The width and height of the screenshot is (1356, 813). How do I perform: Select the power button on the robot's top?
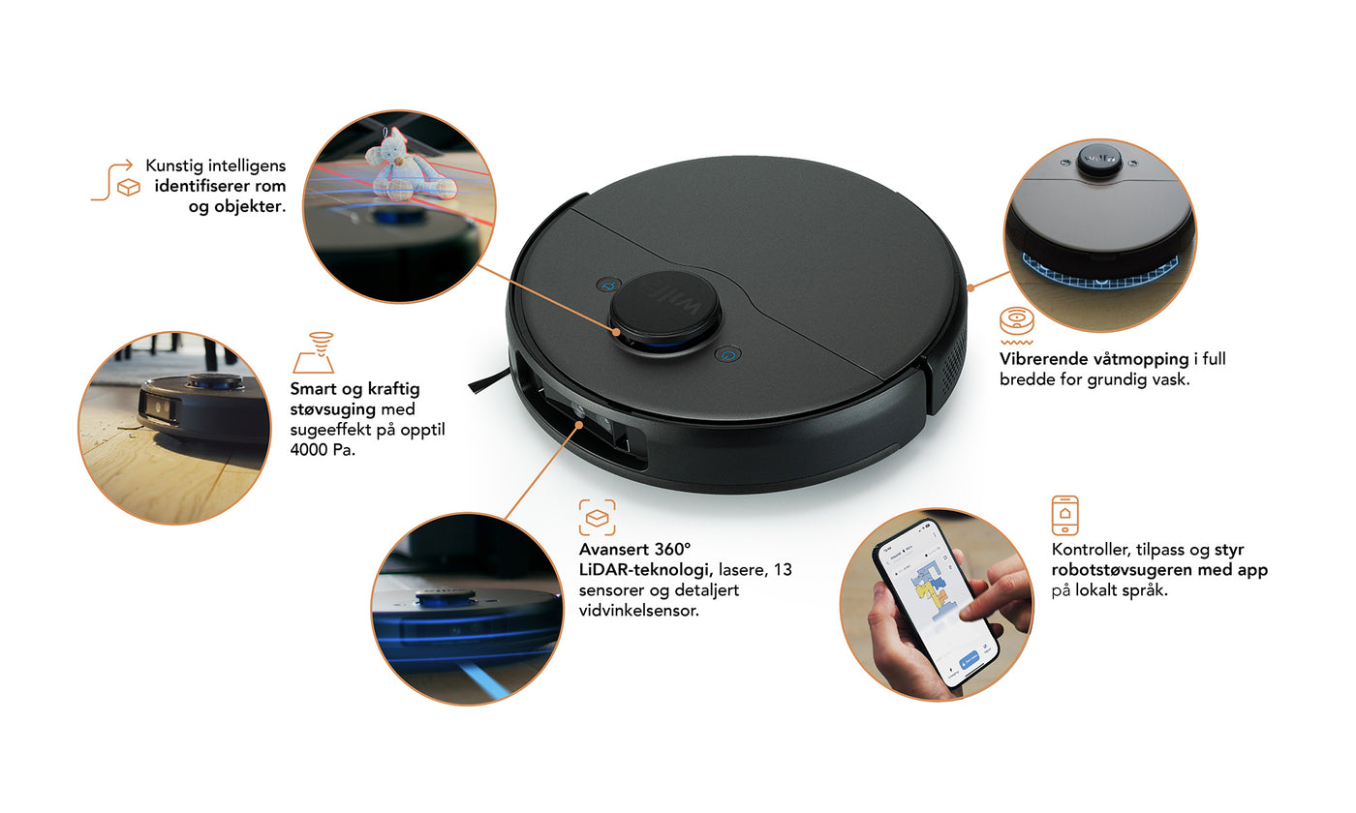(727, 354)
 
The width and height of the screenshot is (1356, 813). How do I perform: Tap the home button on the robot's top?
(609, 285)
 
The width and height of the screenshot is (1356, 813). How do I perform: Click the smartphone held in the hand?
(936, 602)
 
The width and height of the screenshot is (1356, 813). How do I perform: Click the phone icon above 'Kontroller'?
(1064, 515)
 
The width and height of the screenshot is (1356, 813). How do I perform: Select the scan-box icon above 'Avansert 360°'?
(597, 517)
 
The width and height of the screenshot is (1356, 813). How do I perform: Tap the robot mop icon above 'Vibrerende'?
(1016, 325)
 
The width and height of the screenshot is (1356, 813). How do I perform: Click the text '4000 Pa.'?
(322, 450)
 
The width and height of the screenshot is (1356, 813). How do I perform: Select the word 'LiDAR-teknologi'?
(645, 570)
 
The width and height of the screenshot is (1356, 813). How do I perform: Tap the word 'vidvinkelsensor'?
(637, 611)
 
